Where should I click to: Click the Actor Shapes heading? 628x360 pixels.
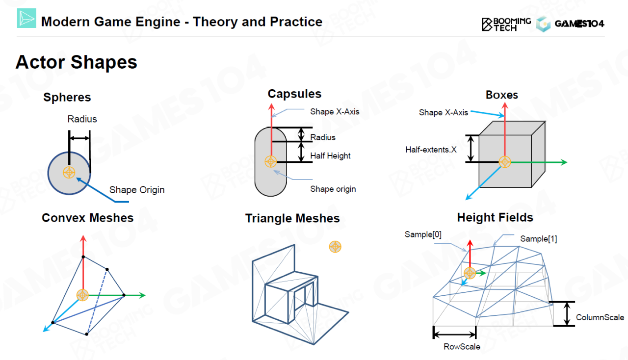point(77,63)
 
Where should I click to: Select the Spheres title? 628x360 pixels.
point(67,98)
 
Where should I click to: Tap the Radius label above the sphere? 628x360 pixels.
point(82,119)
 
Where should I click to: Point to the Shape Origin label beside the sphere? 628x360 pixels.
point(137,190)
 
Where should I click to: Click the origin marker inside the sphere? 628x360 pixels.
point(69,173)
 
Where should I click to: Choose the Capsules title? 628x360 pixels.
point(294,94)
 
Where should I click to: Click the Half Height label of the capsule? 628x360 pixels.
point(330,156)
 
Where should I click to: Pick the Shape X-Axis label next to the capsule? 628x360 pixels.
point(335,112)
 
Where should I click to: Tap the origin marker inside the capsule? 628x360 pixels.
point(271,161)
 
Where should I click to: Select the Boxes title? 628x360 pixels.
point(502,95)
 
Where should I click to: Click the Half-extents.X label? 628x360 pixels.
point(431,150)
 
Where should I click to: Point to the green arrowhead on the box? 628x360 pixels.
point(564,162)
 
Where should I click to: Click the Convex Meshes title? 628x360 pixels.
point(87,218)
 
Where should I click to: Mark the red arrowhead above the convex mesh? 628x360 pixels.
point(83,239)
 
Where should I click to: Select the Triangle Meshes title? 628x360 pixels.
point(292,219)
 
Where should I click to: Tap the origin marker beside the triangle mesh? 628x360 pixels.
point(335,247)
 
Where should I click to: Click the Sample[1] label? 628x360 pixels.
point(538,239)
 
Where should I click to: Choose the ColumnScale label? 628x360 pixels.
point(600,317)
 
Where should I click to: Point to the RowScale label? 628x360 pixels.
point(462,347)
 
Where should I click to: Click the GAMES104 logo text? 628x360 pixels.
point(579,24)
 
